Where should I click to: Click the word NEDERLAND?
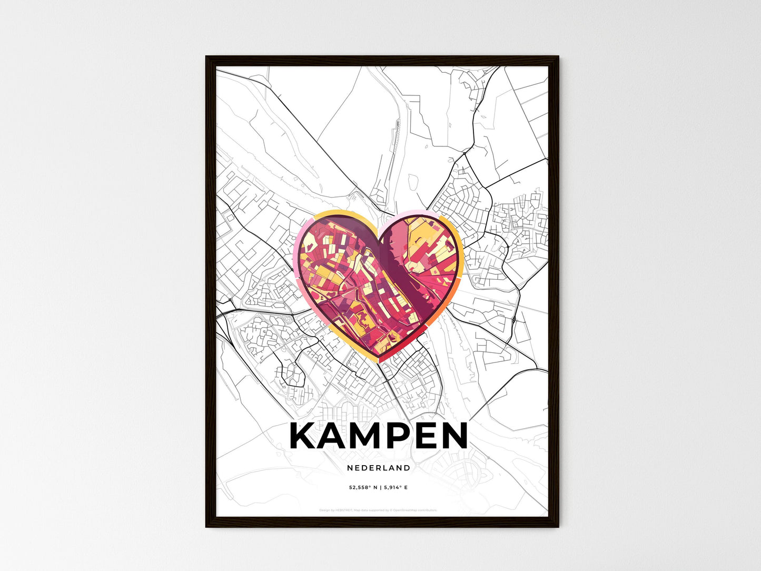point(379,468)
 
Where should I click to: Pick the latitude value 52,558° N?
point(363,488)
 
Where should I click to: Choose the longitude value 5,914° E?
point(396,488)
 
